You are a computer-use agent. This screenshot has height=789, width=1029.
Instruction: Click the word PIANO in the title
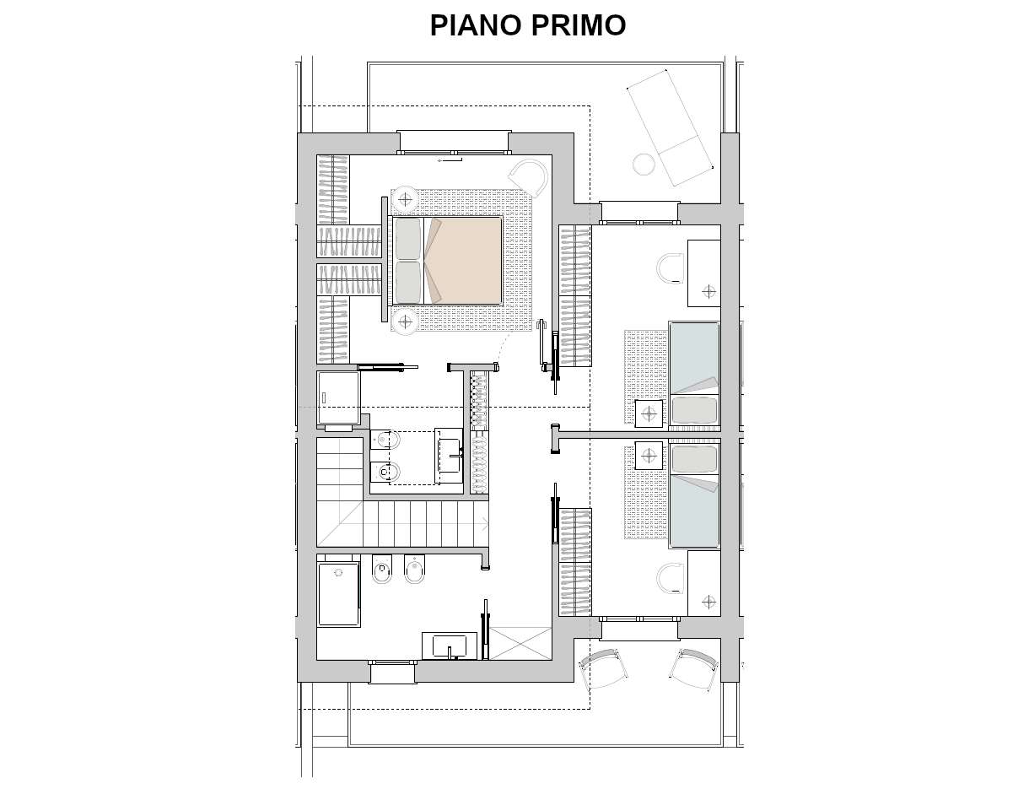476,25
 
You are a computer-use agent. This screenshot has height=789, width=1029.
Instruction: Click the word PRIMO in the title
578,25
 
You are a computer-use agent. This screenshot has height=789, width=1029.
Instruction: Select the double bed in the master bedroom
447,261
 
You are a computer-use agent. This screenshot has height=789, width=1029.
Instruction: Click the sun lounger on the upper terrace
670,127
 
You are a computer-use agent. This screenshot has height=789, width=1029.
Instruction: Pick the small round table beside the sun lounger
644,163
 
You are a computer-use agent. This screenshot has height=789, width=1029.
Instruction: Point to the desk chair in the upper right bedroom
671,268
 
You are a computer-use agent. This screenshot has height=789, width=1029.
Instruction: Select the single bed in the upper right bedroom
693,374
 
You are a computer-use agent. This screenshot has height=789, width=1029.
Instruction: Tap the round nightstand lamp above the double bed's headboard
406,200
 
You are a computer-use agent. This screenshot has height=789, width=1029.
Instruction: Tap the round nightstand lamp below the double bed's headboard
406,321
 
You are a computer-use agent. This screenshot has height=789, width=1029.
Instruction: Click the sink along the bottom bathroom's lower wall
449,646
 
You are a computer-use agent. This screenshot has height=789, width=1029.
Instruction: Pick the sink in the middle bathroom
449,456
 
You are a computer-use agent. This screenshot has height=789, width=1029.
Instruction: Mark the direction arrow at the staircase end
483,523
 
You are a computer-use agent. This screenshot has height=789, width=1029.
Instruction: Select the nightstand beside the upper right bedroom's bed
648,413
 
